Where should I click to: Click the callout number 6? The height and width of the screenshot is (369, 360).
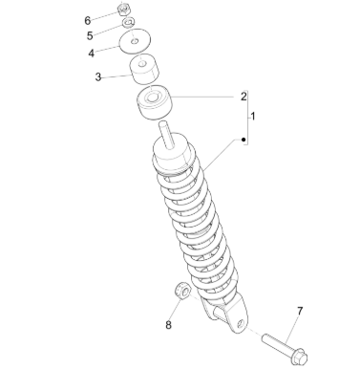click(x=88, y=20)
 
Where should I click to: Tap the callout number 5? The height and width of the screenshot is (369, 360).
click(x=90, y=35)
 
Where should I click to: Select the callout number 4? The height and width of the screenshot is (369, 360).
click(x=92, y=54)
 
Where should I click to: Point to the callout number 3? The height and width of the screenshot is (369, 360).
click(x=98, y=76)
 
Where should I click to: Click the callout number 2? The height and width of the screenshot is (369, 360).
click(x=244, y=97)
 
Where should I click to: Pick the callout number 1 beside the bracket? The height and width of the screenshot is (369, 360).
click(x=253, y=117)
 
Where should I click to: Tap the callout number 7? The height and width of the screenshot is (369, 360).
click(x=300, y=311)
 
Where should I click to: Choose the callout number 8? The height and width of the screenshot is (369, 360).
click(x=168, y=325)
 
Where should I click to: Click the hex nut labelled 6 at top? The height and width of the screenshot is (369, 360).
click(x=123, y=10)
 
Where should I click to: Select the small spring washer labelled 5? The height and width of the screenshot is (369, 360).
click(x=129, y=22)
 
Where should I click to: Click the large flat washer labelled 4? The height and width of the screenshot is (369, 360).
click(x=135, y=41)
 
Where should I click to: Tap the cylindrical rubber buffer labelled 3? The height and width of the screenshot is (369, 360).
click(x=144, y=71)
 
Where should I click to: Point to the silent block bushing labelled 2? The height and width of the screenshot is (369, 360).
click(x=155, y=102)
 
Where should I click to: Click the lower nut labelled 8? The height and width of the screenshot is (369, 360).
click(x=182, y=291)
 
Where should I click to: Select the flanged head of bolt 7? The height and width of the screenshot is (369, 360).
click(x=298, y=357)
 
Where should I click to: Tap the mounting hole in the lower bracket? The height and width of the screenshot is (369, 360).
click(x=242, y=323)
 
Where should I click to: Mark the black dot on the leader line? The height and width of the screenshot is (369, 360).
click(x=244, y=140)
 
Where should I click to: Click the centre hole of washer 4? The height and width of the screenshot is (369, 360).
click(x=135, y=41)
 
